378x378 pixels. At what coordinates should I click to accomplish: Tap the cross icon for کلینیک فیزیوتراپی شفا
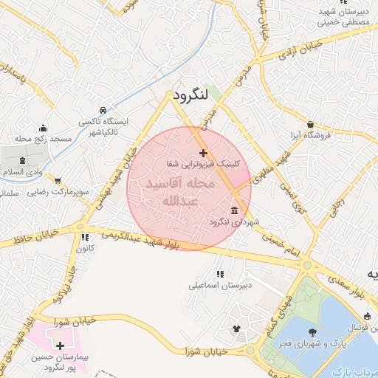click(x=204, y=152)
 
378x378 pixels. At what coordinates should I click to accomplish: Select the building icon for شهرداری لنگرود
click(x=235, y=210)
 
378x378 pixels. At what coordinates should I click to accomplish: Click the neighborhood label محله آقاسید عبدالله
click(x=180, y=191)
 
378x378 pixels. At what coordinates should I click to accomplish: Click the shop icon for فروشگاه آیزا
click(x=312, y=125)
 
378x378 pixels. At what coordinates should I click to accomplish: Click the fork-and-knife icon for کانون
click(x=84, y=238)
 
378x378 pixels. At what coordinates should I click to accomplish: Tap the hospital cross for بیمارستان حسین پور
click(x=60, y=345)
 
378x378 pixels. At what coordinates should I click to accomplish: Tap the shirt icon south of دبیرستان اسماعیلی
click(x=236, y=329)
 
